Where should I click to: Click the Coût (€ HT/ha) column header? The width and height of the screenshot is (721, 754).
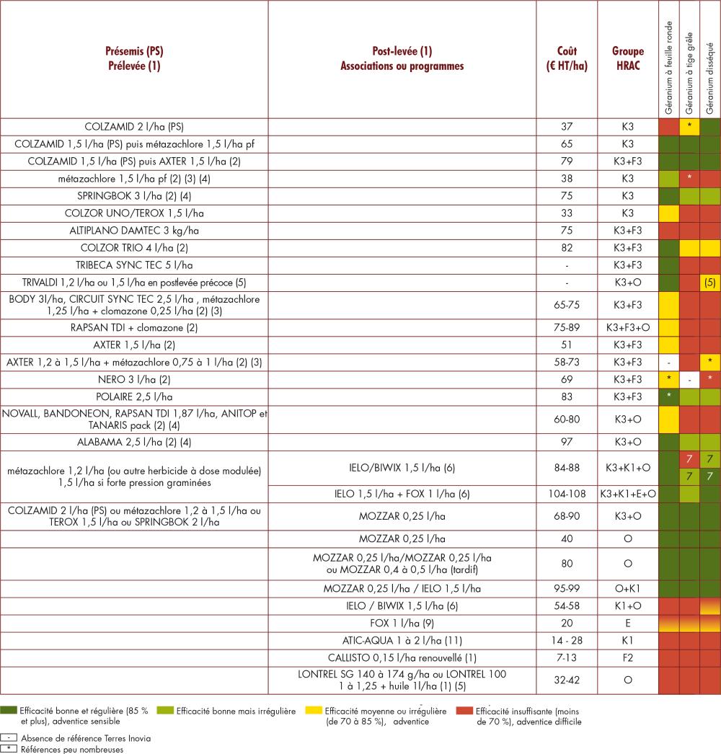coord(567,58)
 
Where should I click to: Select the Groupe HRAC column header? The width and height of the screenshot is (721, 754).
coord(628,58)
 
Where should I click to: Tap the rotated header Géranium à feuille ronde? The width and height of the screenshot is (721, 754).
coord(668,67)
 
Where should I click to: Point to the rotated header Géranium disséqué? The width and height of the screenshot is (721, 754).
coord(710,79)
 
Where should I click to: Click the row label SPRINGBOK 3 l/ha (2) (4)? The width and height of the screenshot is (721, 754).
coord(134,196)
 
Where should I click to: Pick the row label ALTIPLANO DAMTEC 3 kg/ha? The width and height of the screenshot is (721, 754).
coord(134,231)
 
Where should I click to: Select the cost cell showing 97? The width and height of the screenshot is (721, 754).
coord(567,442)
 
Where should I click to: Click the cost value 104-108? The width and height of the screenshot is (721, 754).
coord(567,494)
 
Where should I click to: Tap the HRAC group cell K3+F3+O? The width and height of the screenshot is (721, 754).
coord(628,327)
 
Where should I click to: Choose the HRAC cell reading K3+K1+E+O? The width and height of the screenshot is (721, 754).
coord(628,494)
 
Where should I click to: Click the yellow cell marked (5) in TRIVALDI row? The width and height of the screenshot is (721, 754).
coord(710,283)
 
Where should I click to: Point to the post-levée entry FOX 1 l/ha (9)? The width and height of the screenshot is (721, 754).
coord(402,624)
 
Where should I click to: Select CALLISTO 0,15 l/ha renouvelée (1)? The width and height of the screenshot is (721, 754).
coord(402,658)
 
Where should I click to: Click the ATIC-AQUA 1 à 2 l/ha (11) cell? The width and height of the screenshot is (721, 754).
coord(402,641)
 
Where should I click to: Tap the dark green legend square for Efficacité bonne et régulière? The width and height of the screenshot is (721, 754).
coord(9,710)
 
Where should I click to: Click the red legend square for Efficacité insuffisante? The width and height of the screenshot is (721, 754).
coord(464,710)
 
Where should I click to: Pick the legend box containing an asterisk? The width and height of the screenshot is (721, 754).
coord(9,749)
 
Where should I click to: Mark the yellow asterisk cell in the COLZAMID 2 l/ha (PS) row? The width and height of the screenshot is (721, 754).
coord(689,127)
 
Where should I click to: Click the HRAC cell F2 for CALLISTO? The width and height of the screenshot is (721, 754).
coord(628,658)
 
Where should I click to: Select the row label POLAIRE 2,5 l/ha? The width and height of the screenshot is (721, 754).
coord(134,397)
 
